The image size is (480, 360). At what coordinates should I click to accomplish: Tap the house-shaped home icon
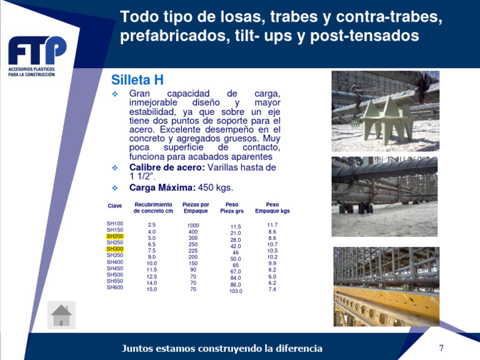[x=61, y=315]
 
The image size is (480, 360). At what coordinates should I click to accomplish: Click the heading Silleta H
[x=137, y=80]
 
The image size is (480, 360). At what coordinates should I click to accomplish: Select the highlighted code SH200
[x=115, y=236]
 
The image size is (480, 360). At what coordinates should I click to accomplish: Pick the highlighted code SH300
[x=115, y=249]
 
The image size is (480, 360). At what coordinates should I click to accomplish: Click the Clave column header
[x=115, y=206]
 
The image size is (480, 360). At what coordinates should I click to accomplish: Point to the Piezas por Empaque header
[x=196, y=208]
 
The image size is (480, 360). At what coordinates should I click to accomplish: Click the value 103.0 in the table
[x=236, y=291]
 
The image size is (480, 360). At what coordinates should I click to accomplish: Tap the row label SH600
[x=115, y=287]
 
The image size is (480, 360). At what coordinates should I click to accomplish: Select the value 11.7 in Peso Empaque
[x=272, y=225]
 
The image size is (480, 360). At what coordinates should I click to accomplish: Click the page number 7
[x=441, y=347]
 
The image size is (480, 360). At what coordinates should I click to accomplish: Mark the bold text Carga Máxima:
[x=162, y=187]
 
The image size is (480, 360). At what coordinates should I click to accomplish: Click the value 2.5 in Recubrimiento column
[x=152, y=225]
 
